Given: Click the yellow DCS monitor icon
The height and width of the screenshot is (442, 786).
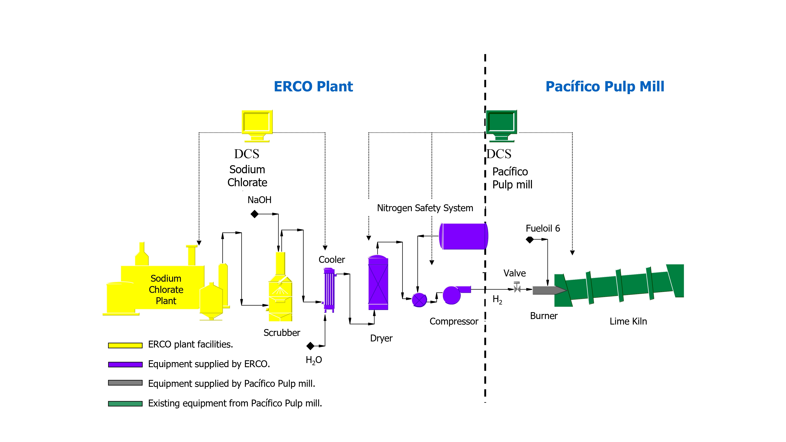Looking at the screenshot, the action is click(x=257, y=126).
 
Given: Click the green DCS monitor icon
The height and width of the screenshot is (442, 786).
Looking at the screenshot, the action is click(x=501, y=126).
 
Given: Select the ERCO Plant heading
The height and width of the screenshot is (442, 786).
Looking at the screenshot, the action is click(x=313, y=87).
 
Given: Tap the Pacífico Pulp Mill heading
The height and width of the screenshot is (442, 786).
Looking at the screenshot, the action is click(x=605, y=87).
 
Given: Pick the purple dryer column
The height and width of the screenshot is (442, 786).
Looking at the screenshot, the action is click(x=378, y=282).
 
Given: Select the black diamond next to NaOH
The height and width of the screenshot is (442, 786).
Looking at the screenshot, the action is click(x=254, y=214).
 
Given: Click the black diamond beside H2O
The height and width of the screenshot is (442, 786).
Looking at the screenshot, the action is click(x=310, y=346).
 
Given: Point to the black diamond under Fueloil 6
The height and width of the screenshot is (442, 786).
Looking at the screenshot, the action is click(x=530, y=240).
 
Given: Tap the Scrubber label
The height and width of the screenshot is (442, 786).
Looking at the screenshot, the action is click(x=282, y=333).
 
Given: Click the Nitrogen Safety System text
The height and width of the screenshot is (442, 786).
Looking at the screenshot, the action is click(x=425, y=208).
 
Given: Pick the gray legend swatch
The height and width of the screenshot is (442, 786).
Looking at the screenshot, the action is click(x=125, y=383).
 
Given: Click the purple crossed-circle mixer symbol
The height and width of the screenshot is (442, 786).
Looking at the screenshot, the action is click(x=419, y=300).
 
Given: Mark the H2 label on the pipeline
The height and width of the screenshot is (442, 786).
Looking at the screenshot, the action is click(x=497, y=300).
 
